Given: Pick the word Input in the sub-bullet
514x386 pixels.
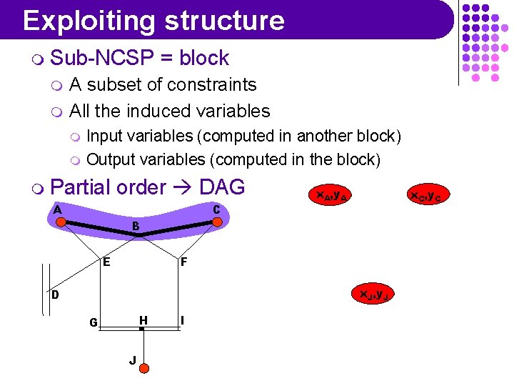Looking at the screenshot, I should (x=104, y=136).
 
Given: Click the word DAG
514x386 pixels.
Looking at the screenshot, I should (x=222, y=187).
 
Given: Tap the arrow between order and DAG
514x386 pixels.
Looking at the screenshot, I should (x=183, y=188).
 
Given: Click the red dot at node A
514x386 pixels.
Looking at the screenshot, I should (x=62, y=222).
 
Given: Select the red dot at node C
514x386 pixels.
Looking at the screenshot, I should (x=218, y=222).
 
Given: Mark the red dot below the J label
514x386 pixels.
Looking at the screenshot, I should (x=143, y=368).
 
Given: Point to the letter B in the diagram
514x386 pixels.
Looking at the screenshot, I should (x=136, y=227).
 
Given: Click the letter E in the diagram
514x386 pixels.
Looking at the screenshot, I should (x=106, y=262).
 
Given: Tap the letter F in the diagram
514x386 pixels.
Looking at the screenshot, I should (x=183, y=262).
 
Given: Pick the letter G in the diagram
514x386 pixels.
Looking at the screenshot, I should (x=94, y=322).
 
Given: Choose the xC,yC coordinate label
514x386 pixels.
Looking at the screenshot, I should (x=426, y=194).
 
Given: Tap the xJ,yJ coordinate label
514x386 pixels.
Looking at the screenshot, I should (x=373, y=294).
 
